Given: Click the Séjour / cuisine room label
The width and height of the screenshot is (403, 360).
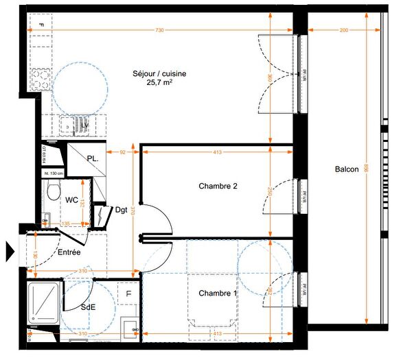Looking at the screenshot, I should [159, 73].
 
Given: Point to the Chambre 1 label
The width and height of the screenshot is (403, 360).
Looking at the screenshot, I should [218, 293].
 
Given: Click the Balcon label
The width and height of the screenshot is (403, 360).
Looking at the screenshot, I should [347, 169].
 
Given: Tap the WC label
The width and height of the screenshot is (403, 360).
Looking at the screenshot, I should [71, 200].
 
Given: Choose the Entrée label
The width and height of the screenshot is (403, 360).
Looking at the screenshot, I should [68, 252].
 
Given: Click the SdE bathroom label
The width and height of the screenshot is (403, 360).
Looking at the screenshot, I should [88, 307].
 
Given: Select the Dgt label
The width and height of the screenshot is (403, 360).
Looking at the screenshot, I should [121, 210].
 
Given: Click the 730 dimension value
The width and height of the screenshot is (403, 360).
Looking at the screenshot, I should [159, 30].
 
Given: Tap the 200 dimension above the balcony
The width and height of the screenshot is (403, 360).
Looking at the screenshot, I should [343, 30].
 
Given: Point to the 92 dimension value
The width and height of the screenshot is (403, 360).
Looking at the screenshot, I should [122, 152].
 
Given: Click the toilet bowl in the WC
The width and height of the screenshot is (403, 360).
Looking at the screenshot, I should [54, 193].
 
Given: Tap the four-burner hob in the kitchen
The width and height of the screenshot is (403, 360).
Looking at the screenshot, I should [41, 77].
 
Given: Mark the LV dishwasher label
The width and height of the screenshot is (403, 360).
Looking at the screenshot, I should [84, 125].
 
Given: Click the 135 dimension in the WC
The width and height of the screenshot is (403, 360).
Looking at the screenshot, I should [67, 224].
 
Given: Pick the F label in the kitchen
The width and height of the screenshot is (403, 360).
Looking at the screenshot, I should [41, 25].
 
